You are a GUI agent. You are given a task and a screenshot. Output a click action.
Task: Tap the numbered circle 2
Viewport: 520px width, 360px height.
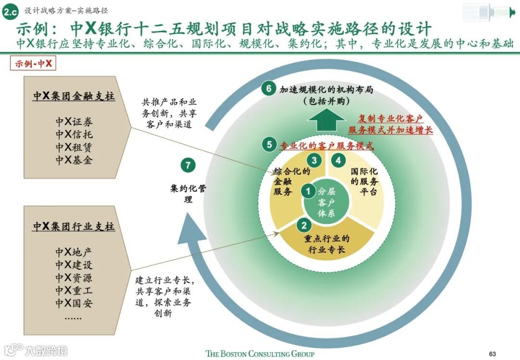(x=304, y=225)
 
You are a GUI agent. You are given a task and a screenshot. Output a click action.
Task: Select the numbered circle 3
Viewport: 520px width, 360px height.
(x=314, y=160)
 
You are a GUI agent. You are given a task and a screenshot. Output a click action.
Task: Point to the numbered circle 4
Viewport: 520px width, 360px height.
(x=339, y=160)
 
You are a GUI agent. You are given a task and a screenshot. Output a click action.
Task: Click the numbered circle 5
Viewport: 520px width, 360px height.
(x=269, y=144)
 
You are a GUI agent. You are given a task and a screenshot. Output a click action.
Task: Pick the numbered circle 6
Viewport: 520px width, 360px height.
(x=269, y=89)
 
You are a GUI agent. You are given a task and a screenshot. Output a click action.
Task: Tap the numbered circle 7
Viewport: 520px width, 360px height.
(x=188, y=165)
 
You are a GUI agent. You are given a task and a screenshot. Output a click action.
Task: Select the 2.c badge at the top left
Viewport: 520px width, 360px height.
(x=10, y=11)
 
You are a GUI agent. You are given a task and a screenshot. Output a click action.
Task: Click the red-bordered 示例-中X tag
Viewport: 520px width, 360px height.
(x=33, y=64)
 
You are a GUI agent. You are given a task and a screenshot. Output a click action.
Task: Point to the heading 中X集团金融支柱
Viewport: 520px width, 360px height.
(x=74, y=96)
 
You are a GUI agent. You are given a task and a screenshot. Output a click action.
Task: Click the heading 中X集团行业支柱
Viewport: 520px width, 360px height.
(x=74, y=226)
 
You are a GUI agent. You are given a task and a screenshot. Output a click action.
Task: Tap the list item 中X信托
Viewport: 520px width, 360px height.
(x=74, y=134)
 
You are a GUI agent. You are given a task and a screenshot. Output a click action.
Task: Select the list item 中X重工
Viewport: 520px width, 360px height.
(x=74, y=291)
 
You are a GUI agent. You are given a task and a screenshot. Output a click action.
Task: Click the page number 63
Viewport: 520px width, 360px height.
(x=492, y=354)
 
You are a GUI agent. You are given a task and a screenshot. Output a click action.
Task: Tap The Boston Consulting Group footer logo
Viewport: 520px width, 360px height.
(x=260, y=354)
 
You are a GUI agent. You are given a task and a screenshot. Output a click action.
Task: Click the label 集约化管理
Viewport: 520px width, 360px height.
(x=188, y=193)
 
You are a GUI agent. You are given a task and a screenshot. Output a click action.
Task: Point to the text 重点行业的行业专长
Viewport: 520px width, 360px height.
(x=327, y=244)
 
